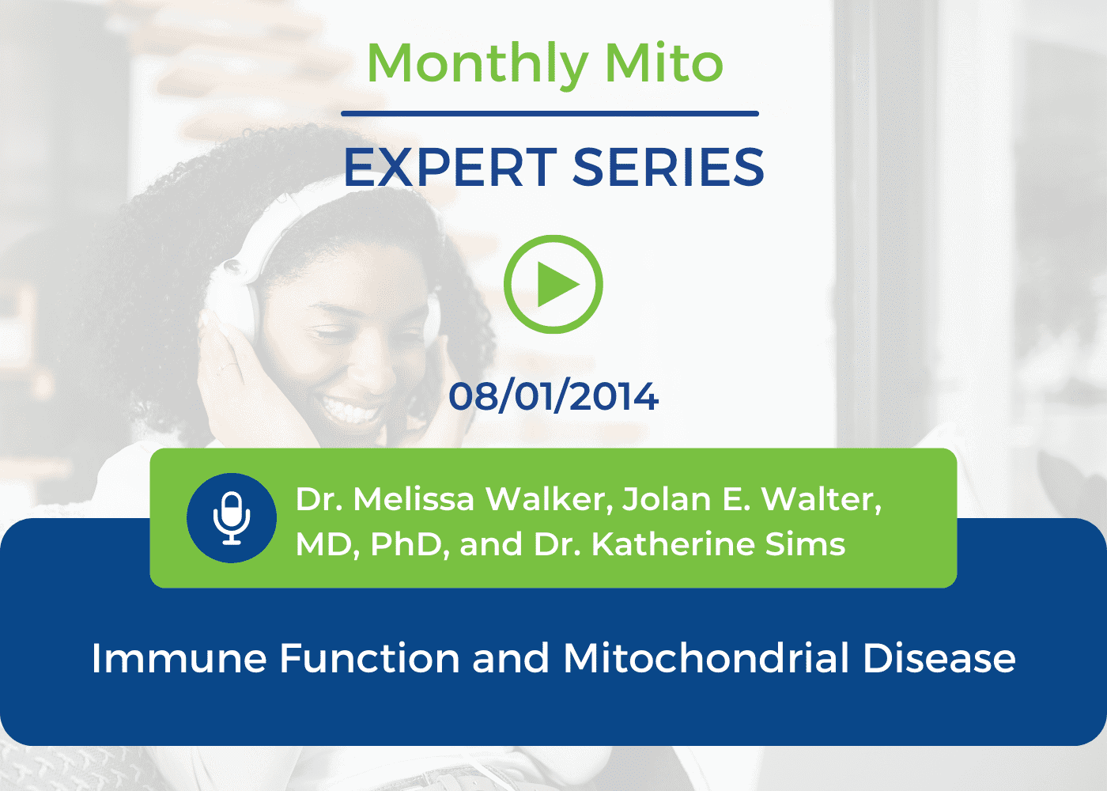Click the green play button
pyautogui.click(x=553, y=284)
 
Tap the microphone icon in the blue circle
pyautogui.click(x=231, y=517)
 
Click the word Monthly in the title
pyautogui.click(x=477, y=64)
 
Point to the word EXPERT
pyautogui.click(x=450, y=168)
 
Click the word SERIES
pyautogui.click(x=668, y=168)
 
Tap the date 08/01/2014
pyautogui.click(x=553, y=396)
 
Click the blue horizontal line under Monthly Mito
pyautogui.click(x=550, y=114)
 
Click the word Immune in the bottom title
pyautogui.click(x=179, y=658)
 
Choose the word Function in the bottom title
pyautogui.click(x=370, y=658)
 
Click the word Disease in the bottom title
pyautogui.click(x=939, y=658)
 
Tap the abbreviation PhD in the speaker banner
pyautogui.click(x=410, y=544)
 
